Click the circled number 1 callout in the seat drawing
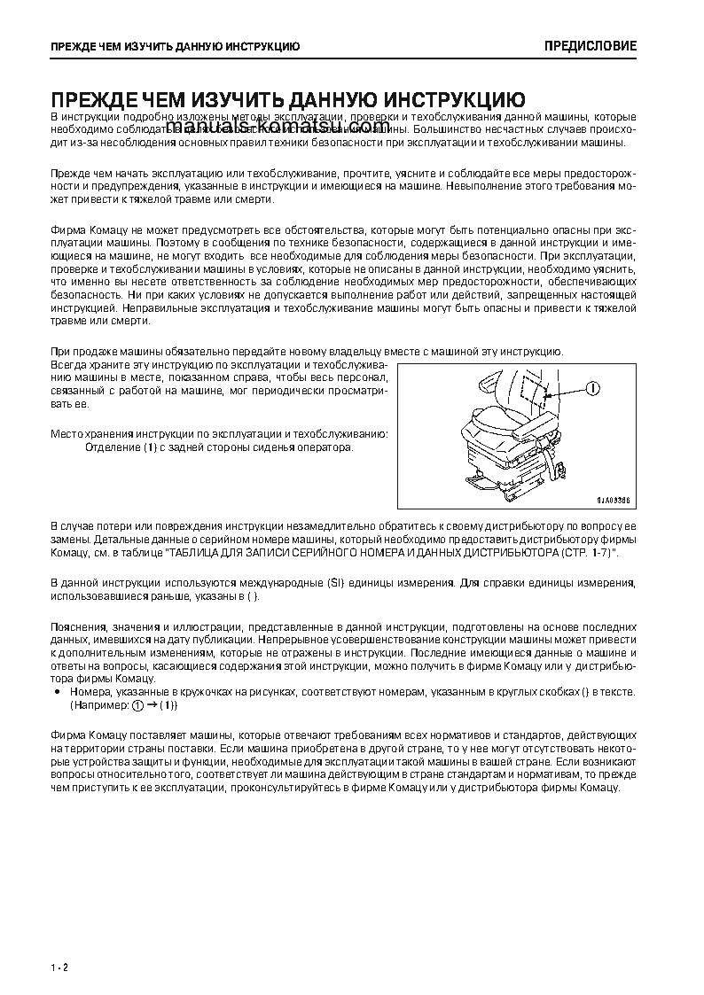[x=592, y=387]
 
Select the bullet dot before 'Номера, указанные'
[x=57, y=691]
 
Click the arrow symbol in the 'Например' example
[x=152, y=705]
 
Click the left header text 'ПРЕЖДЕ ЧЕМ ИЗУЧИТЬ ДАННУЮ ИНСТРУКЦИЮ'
[x=174, y=46]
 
